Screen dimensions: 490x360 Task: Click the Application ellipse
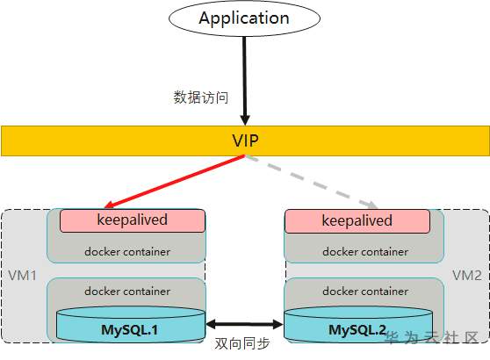click(x=244, y=18)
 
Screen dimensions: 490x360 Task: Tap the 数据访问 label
click(x=200, y=97)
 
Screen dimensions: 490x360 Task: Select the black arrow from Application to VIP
click(x=245, y=81)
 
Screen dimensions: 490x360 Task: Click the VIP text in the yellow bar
click(x=245, y=140)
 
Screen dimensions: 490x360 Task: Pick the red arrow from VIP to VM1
click(x=175, y=182)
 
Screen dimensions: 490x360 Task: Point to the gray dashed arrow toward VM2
click(x=312, y=182)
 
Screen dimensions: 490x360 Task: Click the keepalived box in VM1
click(x=133, y=221)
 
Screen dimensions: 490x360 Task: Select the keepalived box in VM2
click(x=357, y=221)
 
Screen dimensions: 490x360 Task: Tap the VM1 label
click(x=22, y=276)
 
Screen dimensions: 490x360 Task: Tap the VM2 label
click(x=467, y=276)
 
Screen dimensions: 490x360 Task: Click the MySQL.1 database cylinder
click(x=131, y=324)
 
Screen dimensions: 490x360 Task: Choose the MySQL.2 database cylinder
click(x=358, y=324)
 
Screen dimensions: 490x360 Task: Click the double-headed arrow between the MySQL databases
click(x=244, y=324)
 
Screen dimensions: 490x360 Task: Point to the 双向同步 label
click(x=242, y=343)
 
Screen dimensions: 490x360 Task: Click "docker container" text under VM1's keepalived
click(x=127, y=252)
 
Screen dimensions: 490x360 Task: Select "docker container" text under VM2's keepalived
click(x=365, y=252)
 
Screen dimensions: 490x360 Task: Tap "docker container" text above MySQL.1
click(x=127, y=292)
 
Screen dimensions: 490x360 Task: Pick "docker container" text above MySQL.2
click(x=365, y=292)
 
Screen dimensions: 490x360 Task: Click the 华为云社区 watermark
click(x=432, y=337)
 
